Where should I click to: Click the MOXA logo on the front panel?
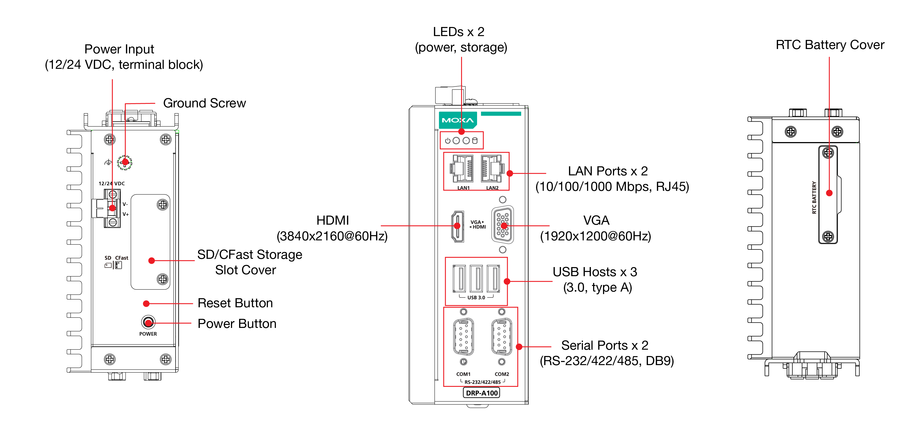tap(458, 120)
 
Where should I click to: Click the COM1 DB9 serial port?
tap(463, 336)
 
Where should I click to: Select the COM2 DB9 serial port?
tap(502, 336)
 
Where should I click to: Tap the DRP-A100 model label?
tap(481, 393)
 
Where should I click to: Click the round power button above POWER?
tap(148, 322)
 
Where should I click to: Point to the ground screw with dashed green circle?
tap(125, 162)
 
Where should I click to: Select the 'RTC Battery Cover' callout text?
tap(830, 45)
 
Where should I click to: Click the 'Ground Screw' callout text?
tap(204, 103)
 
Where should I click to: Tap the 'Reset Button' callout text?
tap(235, 303)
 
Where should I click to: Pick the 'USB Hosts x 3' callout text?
tap(595, 272)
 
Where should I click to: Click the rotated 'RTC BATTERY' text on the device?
tap(814, 198)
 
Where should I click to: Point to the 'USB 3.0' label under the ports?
tap(476, 297)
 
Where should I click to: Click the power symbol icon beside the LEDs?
tap(448, 141)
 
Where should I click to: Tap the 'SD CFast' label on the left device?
tap(116, 258)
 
